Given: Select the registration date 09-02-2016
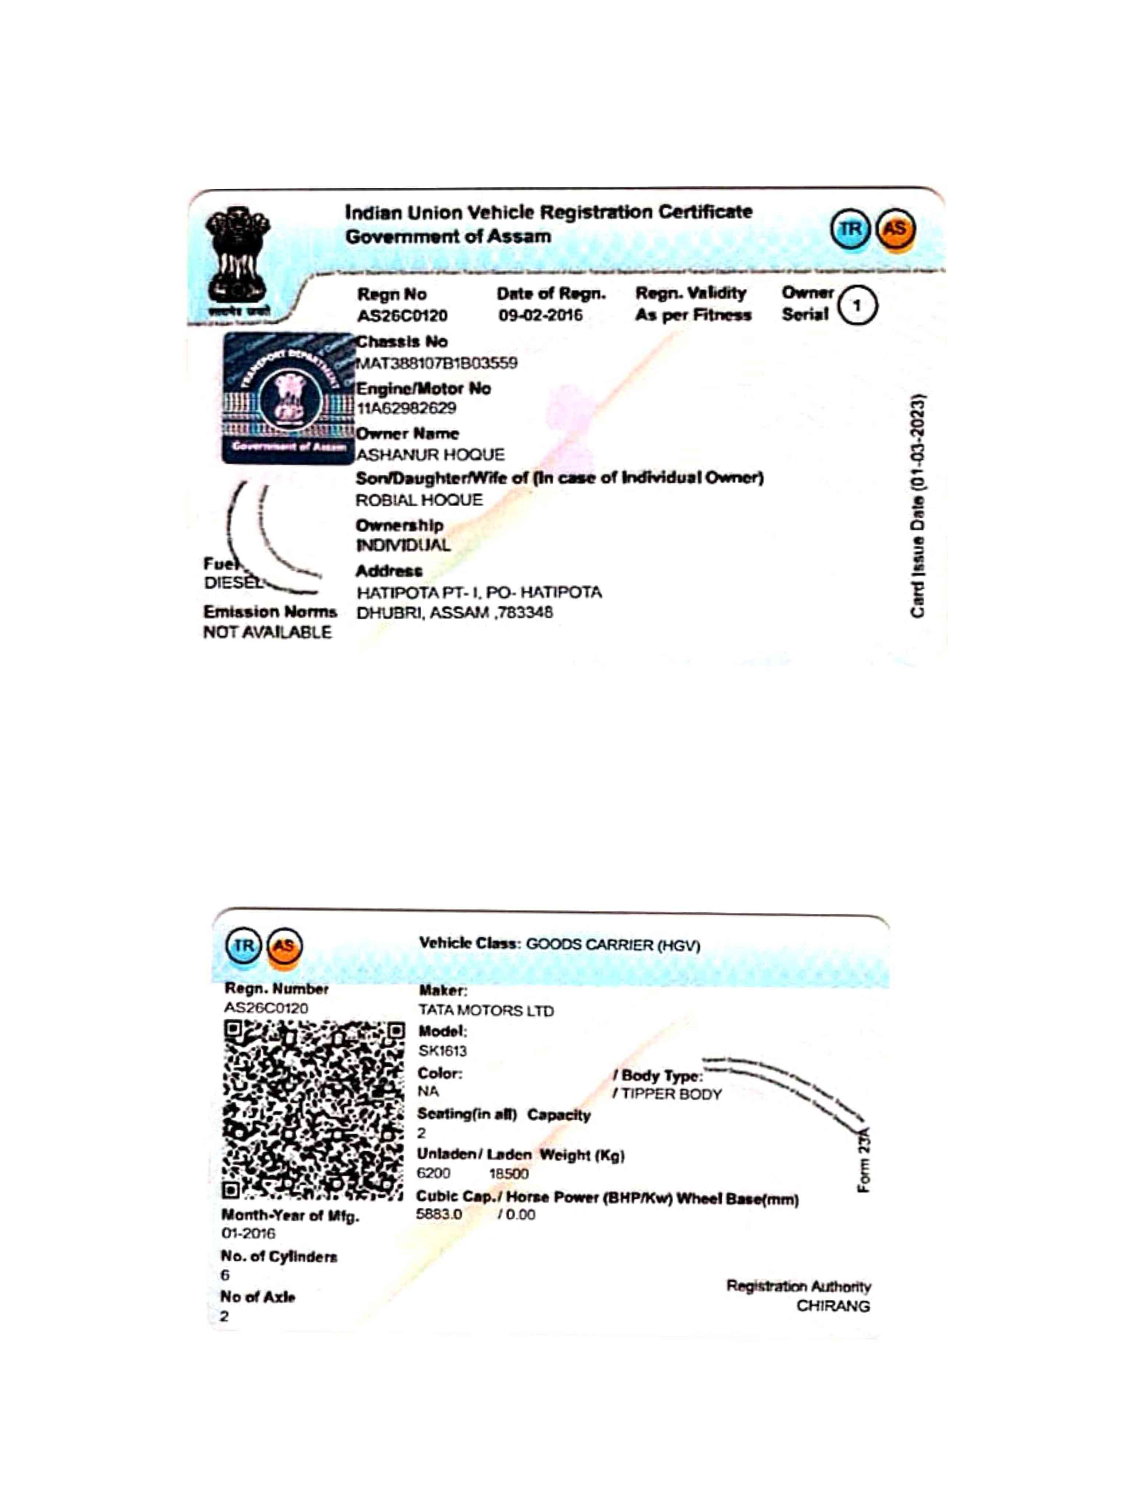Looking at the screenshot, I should pos(540,315).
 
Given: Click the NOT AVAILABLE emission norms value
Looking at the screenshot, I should pos(267,632).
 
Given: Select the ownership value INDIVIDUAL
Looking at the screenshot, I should pos(403,545).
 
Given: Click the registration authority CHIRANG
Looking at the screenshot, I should pos(833,1306).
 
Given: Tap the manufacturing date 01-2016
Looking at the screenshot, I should pos(248,1233).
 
